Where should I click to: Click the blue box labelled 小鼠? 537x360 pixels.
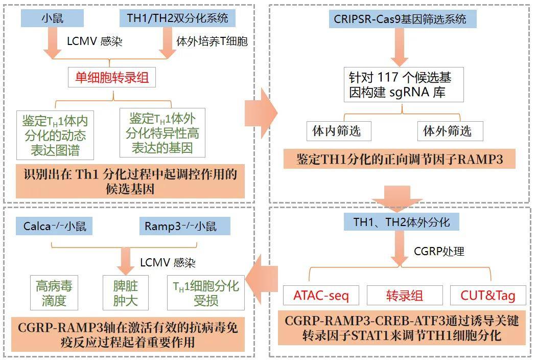pos(52,18)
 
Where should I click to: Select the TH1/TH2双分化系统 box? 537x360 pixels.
pos(177,18)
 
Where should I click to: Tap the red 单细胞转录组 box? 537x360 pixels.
pos(112,78)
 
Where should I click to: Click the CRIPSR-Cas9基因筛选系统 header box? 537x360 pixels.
pos(400,19)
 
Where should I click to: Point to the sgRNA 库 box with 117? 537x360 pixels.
pos(404,85)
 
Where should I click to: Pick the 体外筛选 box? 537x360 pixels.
pos(450,130)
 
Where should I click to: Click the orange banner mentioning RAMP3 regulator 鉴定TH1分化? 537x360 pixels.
pos(400,159)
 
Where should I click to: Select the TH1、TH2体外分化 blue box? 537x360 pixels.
pos(402,222)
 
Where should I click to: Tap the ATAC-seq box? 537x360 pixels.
pos(321,295)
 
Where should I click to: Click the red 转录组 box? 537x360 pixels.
pos(405,295)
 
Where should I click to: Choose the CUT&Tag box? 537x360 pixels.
pos(487,295)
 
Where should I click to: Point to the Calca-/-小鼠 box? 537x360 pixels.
pos(54,227)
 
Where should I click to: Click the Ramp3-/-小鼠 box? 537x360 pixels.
pos(184,227)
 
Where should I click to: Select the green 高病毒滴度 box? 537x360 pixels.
pos(54,293)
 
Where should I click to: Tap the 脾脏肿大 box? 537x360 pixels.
pos(126,293)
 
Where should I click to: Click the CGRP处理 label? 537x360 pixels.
pos(439,251)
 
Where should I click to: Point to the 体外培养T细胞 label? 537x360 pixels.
pos(212,41)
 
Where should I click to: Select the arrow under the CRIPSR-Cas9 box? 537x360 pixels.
pos(400,47)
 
